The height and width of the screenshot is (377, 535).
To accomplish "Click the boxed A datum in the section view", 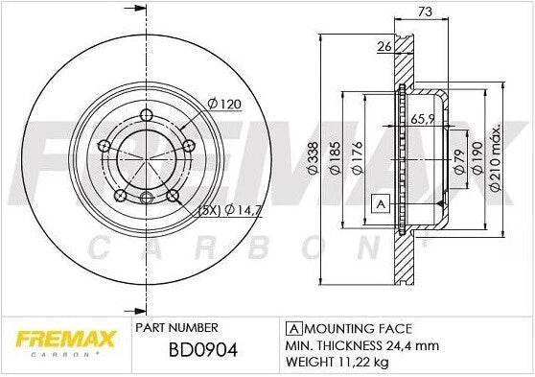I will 381,203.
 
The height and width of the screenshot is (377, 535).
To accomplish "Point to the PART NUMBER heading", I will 169,327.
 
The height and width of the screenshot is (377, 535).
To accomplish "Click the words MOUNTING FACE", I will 343,327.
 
